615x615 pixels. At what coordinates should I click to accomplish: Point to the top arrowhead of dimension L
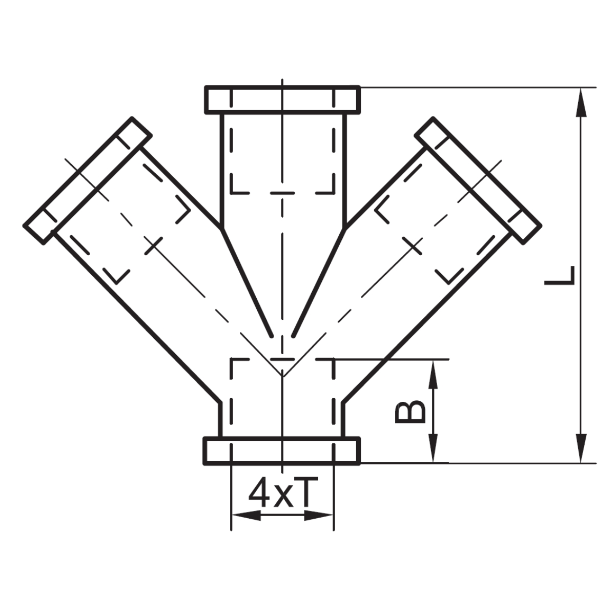point(581,102)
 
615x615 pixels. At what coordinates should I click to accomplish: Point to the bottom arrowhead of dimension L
point(581,448)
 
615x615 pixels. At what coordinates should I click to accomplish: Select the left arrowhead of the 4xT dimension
point(246,515)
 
